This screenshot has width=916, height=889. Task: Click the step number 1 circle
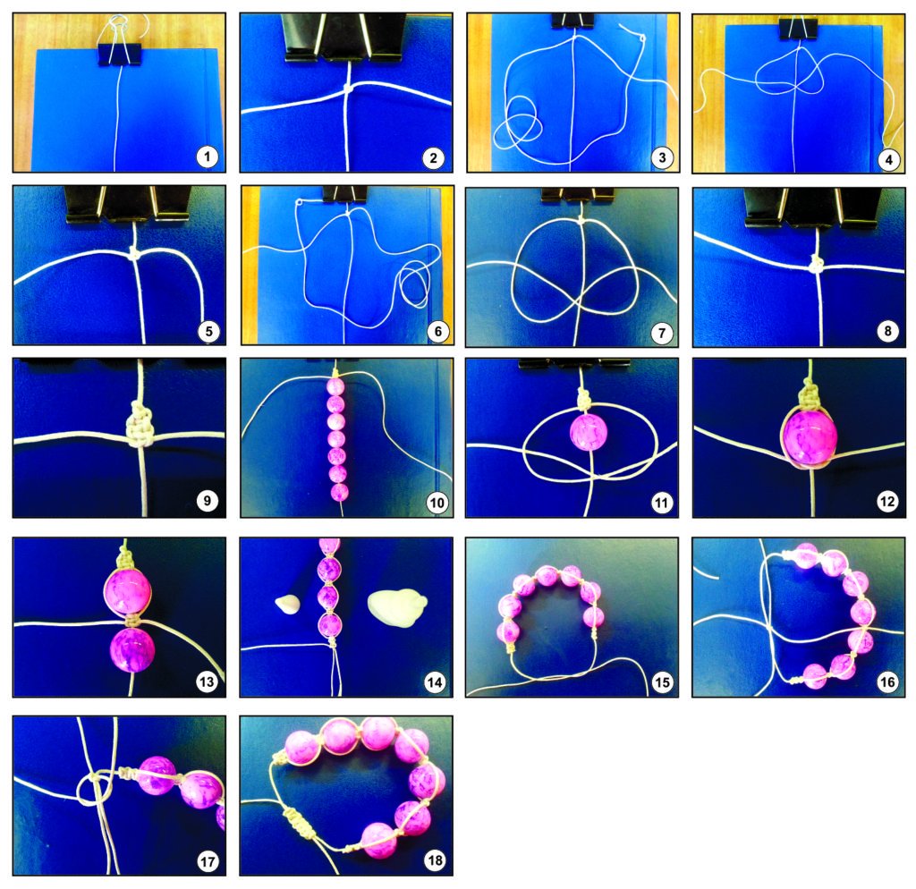tap(207, 157)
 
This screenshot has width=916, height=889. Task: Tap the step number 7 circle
tap(661, 333)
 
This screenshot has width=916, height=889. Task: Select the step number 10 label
tap(437, 503)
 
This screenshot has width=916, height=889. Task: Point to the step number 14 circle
tap(435, 682)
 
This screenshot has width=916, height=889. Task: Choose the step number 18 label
tap(435, 859)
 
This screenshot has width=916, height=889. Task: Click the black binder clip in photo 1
tap(120, 54)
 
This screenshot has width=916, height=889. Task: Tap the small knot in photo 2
tap(348, 89)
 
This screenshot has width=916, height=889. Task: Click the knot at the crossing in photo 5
tap(135, 253)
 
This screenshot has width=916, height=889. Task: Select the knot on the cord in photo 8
tap(816, 265)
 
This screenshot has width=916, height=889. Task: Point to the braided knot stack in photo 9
tap(140, 425)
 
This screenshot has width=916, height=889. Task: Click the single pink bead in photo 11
tap(589, 433)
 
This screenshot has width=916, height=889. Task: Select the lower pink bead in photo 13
tap(132, 650)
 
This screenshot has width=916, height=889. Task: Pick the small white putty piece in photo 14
tap(287, 604)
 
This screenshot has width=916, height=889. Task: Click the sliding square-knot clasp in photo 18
tap(297, 821)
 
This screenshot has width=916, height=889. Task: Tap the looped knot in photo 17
tap(96, 789)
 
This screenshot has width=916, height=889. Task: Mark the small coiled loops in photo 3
tap(518, 123)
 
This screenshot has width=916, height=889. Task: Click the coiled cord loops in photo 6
tap(414, 284)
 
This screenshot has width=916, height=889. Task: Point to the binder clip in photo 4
tap(797, 29)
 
